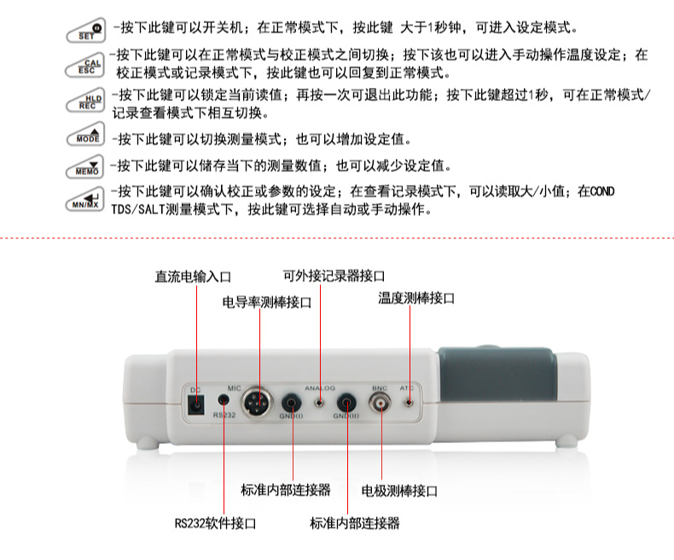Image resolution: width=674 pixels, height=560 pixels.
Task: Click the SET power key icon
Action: pos(86,31)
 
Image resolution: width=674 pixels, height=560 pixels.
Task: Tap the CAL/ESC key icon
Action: pos(85,66)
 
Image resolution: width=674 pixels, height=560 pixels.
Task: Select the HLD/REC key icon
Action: pos(85,101)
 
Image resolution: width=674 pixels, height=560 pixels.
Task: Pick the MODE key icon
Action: pos(85,134)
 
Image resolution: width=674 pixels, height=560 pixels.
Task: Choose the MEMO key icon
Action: pos(85,166)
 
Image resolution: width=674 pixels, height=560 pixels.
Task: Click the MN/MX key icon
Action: pos(85,200)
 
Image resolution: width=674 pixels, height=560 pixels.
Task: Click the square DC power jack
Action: pos(196,405)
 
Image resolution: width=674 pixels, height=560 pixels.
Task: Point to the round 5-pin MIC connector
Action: pos(256,403)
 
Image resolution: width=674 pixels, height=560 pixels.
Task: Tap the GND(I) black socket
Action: pos(292,403)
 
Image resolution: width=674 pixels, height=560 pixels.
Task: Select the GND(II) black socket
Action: pos(347,403)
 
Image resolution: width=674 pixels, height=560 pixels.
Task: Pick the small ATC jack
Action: pos(409,403)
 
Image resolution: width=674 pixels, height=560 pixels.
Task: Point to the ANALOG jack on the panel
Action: pos(319,403)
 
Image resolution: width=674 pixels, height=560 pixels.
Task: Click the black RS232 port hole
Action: pos(224,400)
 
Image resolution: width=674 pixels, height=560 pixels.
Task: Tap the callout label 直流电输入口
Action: pos(193,277)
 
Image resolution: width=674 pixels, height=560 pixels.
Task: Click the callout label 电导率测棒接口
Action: pos(267,302)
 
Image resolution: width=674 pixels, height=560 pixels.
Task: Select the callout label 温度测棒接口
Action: pos(416,298)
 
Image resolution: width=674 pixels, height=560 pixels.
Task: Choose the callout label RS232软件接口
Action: pos(215,523)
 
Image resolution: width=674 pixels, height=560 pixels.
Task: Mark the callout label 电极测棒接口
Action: pos(400,491)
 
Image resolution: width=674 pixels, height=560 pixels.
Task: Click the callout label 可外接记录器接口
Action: pos(334,276)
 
